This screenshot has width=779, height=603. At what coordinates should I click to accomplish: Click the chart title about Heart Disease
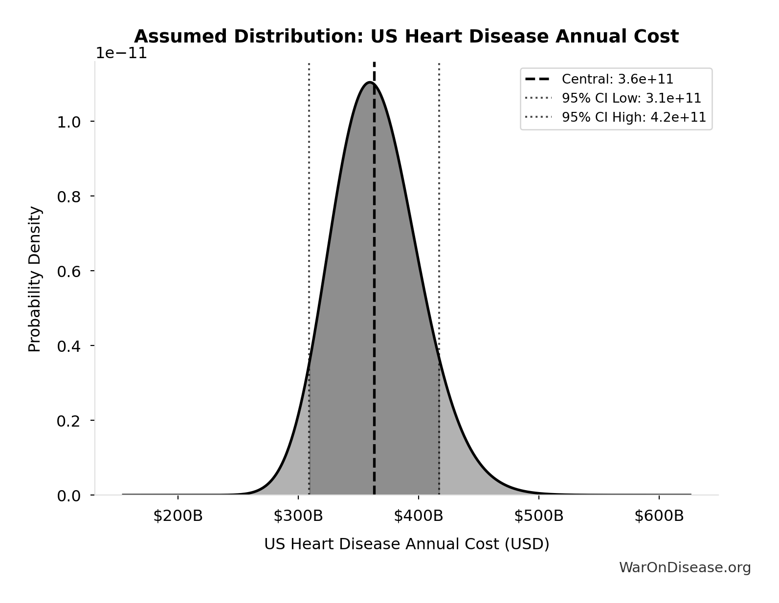pos(406,37)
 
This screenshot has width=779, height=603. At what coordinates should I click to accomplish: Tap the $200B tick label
pos(178,516)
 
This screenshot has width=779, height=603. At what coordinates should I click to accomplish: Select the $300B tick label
pos(298,516)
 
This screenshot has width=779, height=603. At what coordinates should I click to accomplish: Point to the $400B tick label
pos(418,516)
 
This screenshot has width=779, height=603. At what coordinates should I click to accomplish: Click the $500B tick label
pos(538,516)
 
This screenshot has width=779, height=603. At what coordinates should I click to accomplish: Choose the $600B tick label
pos(659,516)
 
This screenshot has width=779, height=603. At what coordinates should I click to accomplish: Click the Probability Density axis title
pos(35,279)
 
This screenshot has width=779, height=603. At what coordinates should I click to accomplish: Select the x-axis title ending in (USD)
pos(406,544)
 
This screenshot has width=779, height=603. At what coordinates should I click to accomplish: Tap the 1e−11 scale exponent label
pos(121,53)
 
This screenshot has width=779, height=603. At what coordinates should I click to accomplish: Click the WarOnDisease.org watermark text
pos(685,567)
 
